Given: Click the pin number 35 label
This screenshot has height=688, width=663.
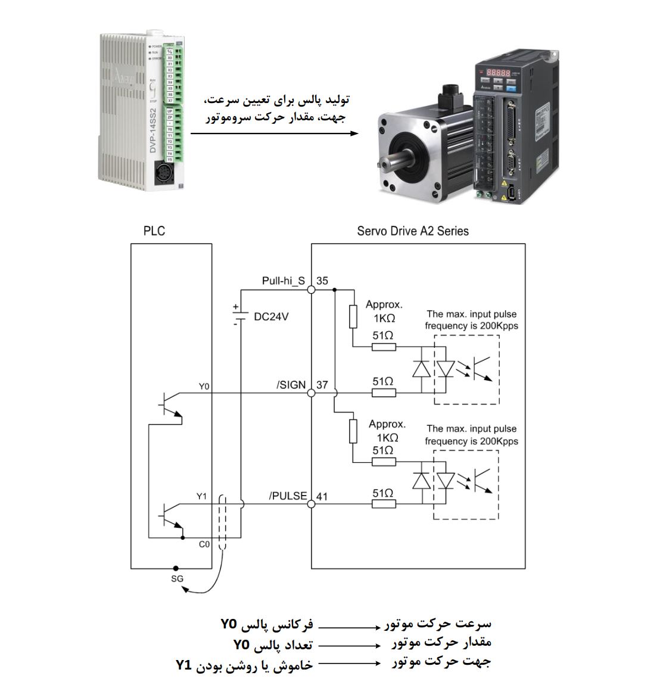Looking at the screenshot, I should (322, 281).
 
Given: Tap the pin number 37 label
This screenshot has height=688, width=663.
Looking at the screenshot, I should (322, 385).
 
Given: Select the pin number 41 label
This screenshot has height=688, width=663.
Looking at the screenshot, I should (322, 496).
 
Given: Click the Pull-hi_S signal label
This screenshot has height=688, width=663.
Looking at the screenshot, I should (284, 281).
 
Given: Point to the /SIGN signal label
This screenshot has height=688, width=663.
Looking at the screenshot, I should (291, 385).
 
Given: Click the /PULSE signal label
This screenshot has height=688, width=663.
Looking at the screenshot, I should (288, 496).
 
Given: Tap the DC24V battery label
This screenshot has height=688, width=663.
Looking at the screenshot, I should (271, 317).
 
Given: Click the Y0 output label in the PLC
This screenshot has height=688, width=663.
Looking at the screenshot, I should (204, 387).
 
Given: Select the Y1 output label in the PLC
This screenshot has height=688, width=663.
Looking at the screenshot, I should (202, 496).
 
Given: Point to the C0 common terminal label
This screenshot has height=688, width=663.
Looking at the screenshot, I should (204, 544).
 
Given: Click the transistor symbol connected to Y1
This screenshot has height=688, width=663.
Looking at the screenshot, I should (170, 515).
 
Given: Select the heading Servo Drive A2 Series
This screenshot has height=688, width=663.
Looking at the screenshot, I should (412, 231).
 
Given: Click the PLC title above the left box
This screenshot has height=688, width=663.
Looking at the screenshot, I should (154, 231).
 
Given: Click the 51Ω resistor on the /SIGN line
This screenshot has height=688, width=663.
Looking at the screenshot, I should (384, 393).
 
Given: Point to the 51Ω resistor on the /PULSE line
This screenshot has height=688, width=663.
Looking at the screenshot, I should (384, 504).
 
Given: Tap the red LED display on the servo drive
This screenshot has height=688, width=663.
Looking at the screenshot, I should (497, 72).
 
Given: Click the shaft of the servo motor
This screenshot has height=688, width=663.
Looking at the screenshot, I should (396, 161).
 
